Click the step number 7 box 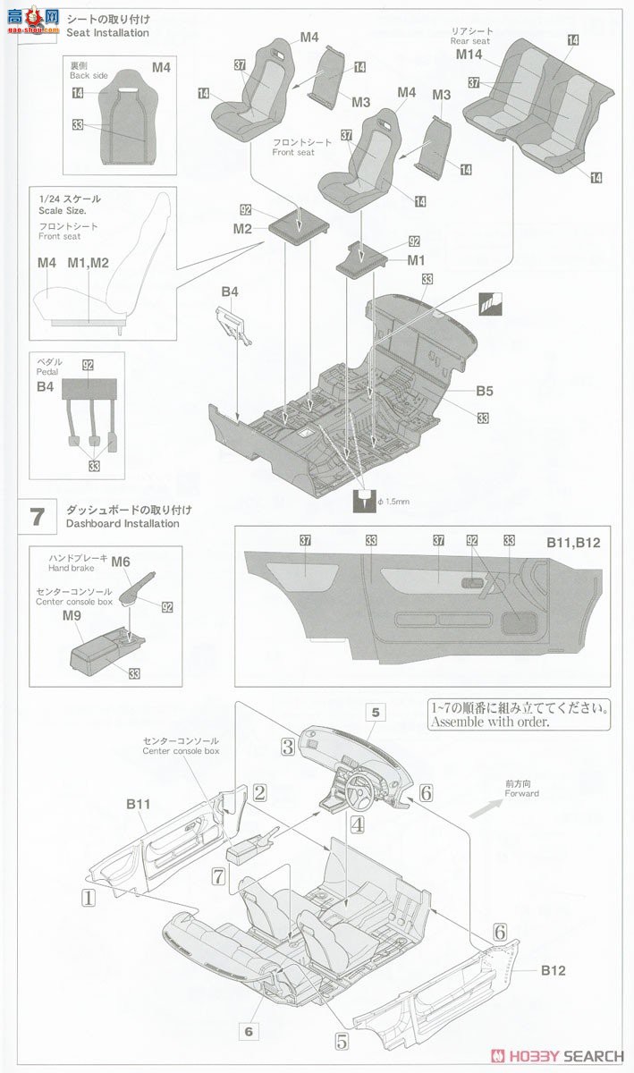tap(37, 516)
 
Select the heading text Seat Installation tap(107, 33)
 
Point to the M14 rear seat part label tap(469, 55)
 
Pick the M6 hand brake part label tap(121, 561)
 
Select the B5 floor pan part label tap(485, 391)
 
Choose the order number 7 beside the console tap(217, 877)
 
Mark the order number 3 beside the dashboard tap(287, 746)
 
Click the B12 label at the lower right tap(553, 969)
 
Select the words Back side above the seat tap(89, 76)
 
